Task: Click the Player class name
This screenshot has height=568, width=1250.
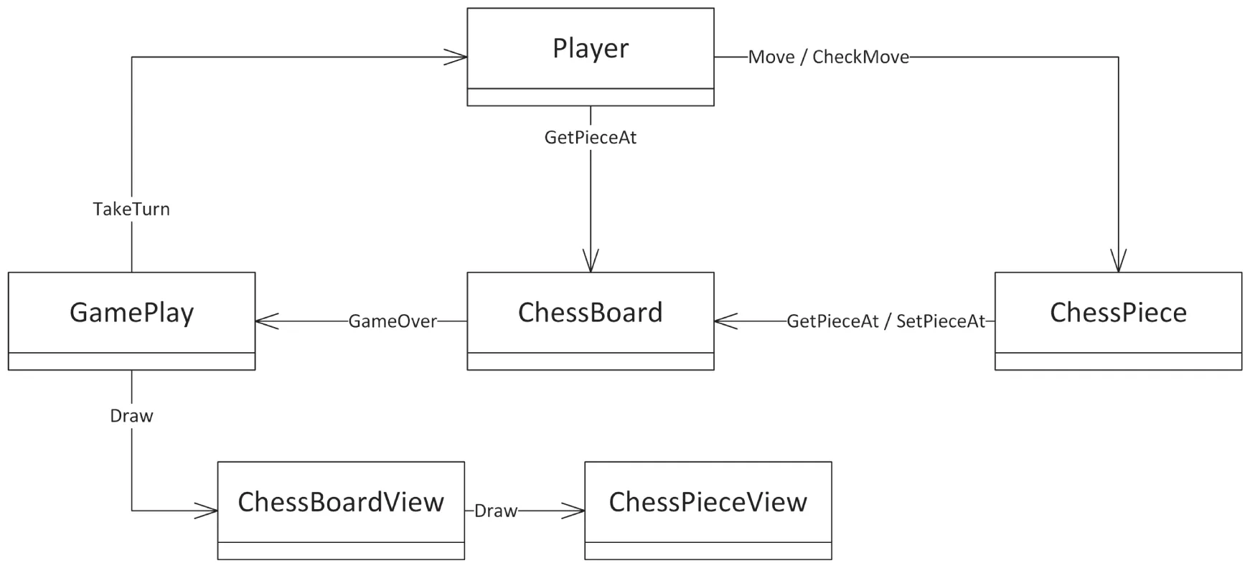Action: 591,48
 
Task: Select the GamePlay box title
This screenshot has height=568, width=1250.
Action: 131,313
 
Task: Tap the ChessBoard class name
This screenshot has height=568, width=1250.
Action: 591,313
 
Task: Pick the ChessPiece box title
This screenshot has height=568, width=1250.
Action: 1118,313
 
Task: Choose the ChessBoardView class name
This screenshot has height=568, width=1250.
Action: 341,502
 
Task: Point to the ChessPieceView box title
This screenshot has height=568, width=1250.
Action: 708,502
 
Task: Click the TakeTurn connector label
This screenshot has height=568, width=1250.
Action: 131,209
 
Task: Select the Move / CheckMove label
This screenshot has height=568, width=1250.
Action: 828,57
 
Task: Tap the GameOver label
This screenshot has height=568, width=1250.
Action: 393,321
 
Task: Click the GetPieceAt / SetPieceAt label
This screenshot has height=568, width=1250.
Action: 886,321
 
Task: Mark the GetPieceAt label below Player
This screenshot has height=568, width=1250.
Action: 591,138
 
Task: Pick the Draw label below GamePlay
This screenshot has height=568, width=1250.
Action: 131,416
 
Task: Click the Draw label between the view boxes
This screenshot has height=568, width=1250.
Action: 495,511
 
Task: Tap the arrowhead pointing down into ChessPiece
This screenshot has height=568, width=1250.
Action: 1118,262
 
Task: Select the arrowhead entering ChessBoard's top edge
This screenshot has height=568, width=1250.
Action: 591,262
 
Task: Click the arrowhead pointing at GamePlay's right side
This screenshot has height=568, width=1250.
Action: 265,321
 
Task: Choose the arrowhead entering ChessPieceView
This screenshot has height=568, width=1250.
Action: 575,511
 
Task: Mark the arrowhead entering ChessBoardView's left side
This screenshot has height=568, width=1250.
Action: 208,511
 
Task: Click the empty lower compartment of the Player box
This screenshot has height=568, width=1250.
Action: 591,98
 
